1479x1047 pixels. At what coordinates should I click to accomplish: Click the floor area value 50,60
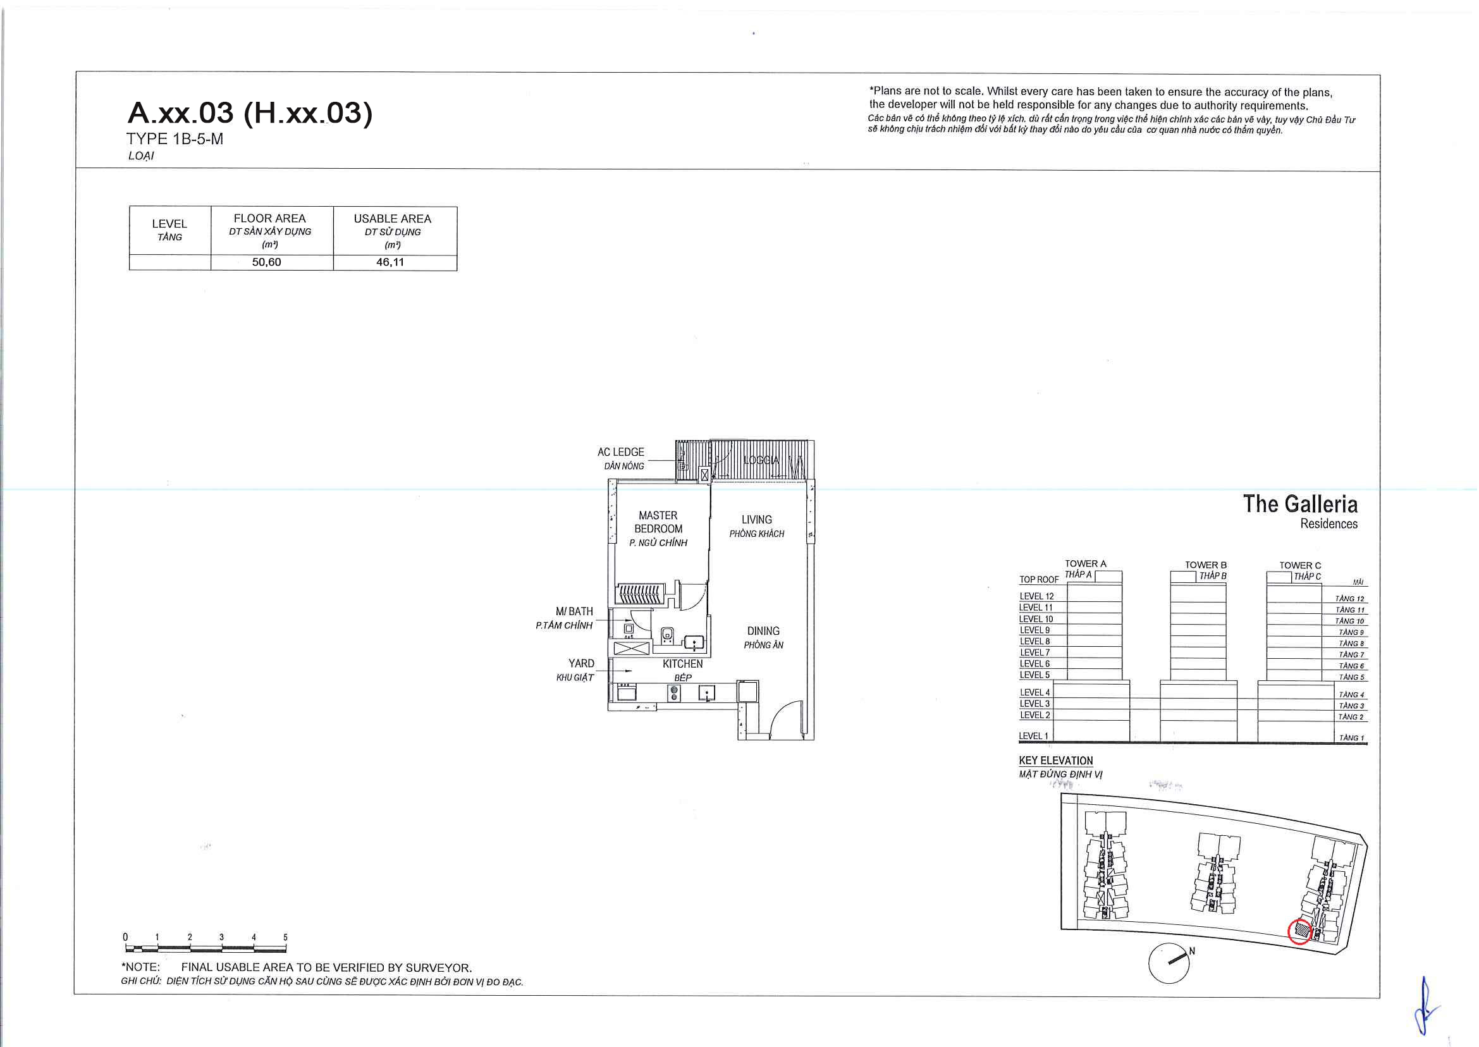click(266, 262)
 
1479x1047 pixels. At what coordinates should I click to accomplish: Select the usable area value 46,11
click(390, 262)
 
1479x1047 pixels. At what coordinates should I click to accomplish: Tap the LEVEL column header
click(169, 224)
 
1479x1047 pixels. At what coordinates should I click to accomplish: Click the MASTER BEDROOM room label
click(658, 522)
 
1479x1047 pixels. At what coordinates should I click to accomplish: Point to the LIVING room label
click(756, 520)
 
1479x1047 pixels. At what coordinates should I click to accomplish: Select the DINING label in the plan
click(763, 631)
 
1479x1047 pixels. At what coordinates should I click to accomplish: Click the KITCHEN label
click(683, 664)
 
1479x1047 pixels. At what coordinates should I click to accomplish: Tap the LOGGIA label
click(761, 460)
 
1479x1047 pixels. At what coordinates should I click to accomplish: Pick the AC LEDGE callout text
click(621, 453)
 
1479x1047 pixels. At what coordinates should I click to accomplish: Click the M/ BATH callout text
click(574, 611)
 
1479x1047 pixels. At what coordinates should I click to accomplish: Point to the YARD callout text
click(582, 663)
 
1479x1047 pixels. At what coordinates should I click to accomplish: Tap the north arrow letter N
click(1192, 951)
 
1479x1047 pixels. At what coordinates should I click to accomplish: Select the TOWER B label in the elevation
click(1206, 565)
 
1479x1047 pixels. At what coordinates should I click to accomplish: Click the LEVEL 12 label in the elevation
click(1037, 596)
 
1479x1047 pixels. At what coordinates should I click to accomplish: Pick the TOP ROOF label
click(1039, 580)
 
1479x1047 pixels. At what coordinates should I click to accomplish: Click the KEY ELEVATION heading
click(1056, 761)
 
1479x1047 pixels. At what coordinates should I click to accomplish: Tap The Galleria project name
click(1301, 504)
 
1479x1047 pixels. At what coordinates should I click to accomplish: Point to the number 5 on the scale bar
click(285, 938)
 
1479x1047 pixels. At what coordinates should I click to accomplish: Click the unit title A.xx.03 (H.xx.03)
click(250, 113)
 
